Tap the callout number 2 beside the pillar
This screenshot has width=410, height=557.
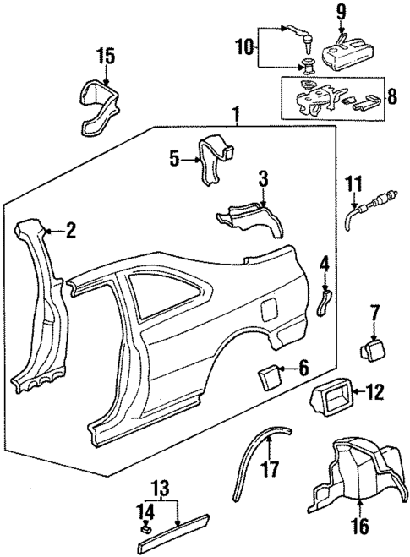point(71,229)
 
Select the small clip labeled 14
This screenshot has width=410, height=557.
point(145,531)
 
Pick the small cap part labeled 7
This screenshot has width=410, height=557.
point(372,348)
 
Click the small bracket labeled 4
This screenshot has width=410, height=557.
point(323,301)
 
